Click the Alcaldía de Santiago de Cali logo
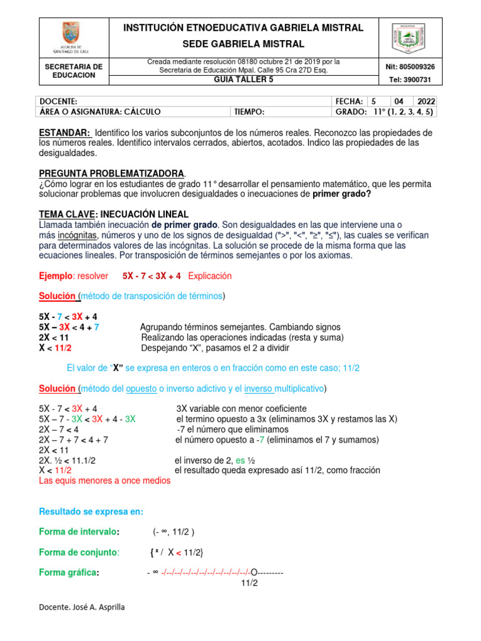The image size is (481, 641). (x=70, y=36)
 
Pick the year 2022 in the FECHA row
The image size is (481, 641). (x=425, y=101)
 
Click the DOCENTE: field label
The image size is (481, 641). (x=58, y=101)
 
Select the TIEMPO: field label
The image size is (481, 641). (x=249, y=112)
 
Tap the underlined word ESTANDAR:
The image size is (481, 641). (x=65, y=133)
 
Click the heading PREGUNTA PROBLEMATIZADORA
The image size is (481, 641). (x=111, y=173)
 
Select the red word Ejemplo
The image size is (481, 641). (x=56, y=275)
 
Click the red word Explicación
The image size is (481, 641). (x=210, y=275)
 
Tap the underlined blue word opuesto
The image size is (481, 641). (x=141, y=389)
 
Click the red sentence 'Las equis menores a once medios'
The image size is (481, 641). (x=104, y=481)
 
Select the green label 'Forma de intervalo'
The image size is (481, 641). (x=78, y=531)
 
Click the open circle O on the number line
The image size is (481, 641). (x=254, y=572)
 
